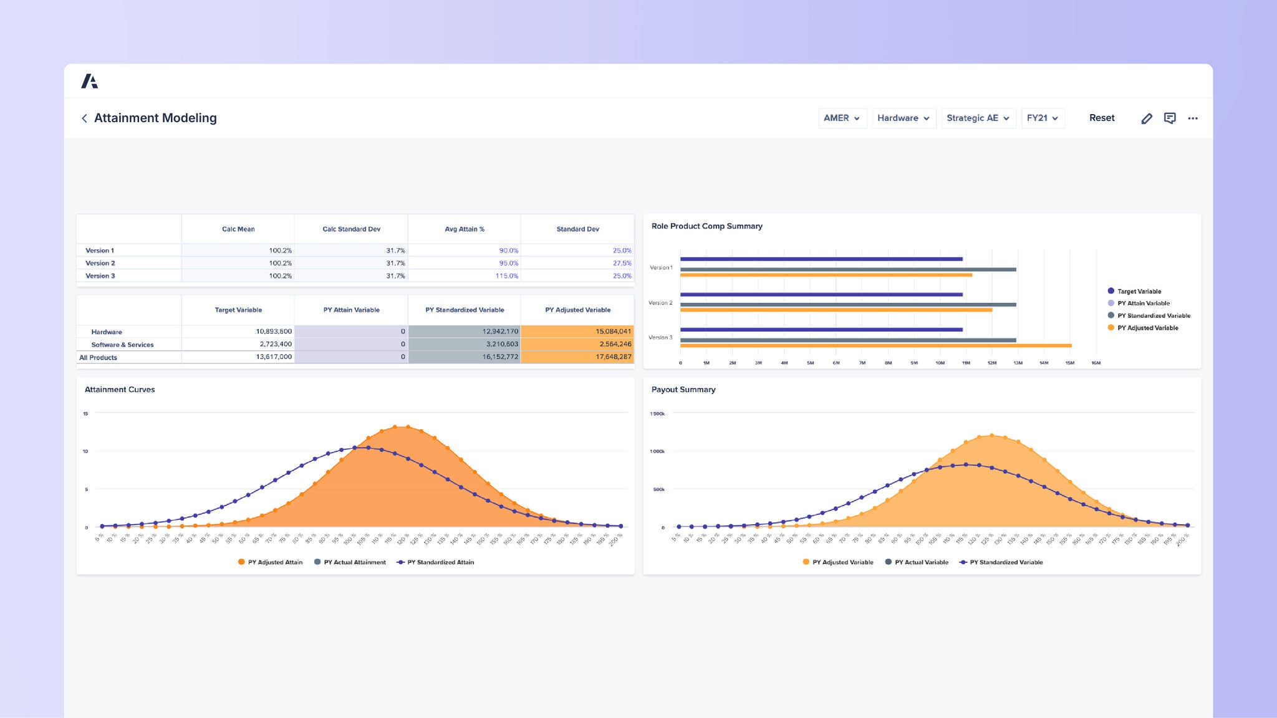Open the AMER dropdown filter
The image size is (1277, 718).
coord(842,118)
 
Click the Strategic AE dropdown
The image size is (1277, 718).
coord(977,118)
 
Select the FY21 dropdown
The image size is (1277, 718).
coord(1042,118)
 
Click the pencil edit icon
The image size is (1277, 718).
coord(1146,118)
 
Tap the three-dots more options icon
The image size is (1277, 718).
coord(1192,118)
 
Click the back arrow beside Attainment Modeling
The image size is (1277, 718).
coord(84,118)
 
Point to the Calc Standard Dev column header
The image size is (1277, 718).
coord(351,229)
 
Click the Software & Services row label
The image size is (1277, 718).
coord(122,345)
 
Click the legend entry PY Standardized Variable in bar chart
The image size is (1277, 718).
coord(1153,316)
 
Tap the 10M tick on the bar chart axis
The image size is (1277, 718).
coord(940,363)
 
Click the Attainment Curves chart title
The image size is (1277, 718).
coord(120,390)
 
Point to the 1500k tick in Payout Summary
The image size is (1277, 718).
coord(657,414)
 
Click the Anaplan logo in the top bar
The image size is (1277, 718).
coord(90,81)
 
